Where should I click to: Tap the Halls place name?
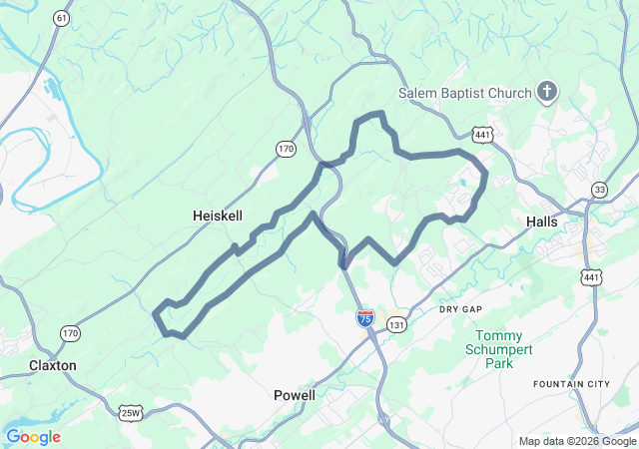pyautogui.click(x=541, y=222)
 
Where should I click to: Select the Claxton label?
pyautogui.click(x=53, y=365)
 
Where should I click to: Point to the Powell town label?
pyautogui.click(x=295, y=395)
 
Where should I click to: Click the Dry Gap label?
pyautogui.click(x=460, y=309)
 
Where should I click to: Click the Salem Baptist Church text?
pyautogui.click(x=464, y=94)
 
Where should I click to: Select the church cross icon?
pyautogui.click(x=546, y=93)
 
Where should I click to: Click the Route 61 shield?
pyautogui.click(x=63, y=19)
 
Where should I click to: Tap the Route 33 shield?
pyautogui.click(x=599, y=190)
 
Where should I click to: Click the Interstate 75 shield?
pyautogui.click(x=365, y=318)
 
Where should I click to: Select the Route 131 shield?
pyautogui.click(x=397, y=325)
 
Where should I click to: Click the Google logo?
pyautogui.click(x=33, y=437)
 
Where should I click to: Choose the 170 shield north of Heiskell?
pyautogui.click(x=287, y=149)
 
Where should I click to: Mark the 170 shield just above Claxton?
pyautogui.click(x=69, y=332)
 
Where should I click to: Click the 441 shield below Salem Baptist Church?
pyautogui.click(x=482, y=133)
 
